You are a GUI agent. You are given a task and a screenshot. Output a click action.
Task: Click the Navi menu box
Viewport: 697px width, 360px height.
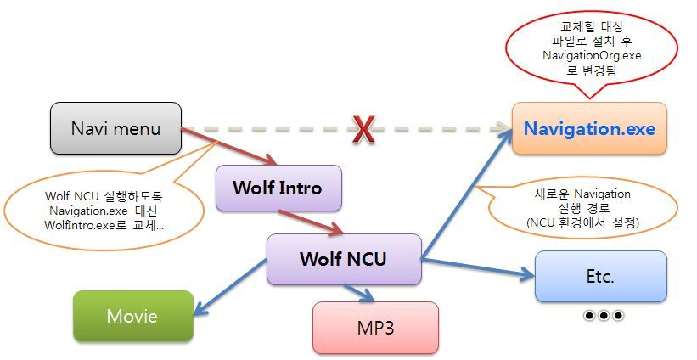pos(116,129)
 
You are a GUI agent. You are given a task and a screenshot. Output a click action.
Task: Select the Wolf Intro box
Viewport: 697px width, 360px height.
pos(278,188)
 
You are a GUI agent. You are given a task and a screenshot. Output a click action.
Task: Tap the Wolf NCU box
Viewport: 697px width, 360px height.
pos(343,259)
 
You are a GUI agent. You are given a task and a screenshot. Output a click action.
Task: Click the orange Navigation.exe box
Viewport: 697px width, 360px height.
pos(588,129)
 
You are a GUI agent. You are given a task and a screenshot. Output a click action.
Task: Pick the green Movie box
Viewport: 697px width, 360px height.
pos(132,316)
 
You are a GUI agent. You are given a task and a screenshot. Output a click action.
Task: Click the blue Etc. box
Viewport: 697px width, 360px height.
pos(600,276)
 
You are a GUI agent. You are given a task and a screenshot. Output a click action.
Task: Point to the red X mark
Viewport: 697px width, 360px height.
pos(363,130)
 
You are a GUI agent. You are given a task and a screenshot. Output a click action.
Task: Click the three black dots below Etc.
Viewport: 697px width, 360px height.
pos(604,316)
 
